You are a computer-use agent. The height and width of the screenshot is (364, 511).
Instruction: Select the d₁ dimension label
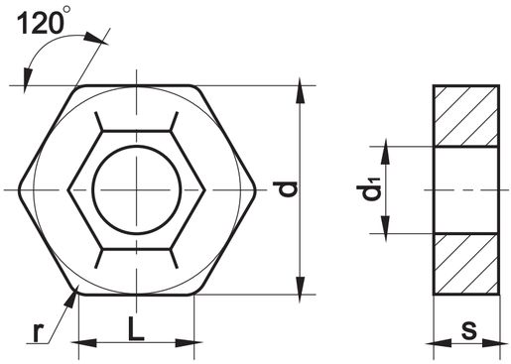[x=370, y=189]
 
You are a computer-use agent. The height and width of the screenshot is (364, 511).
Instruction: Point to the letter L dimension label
[x=136, y=329]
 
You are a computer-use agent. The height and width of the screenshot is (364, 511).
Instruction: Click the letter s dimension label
[x=469, y=329]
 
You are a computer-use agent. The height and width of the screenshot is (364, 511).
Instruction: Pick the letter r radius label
[x=39, y=332]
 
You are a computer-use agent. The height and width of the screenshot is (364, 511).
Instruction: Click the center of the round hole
[x=137, y=189]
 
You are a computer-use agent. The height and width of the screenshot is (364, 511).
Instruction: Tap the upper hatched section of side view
[x=465, y=116]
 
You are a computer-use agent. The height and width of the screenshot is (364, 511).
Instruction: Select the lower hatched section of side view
[x=465, y=264]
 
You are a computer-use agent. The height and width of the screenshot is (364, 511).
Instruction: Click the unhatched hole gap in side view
[x=465, y=190]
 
